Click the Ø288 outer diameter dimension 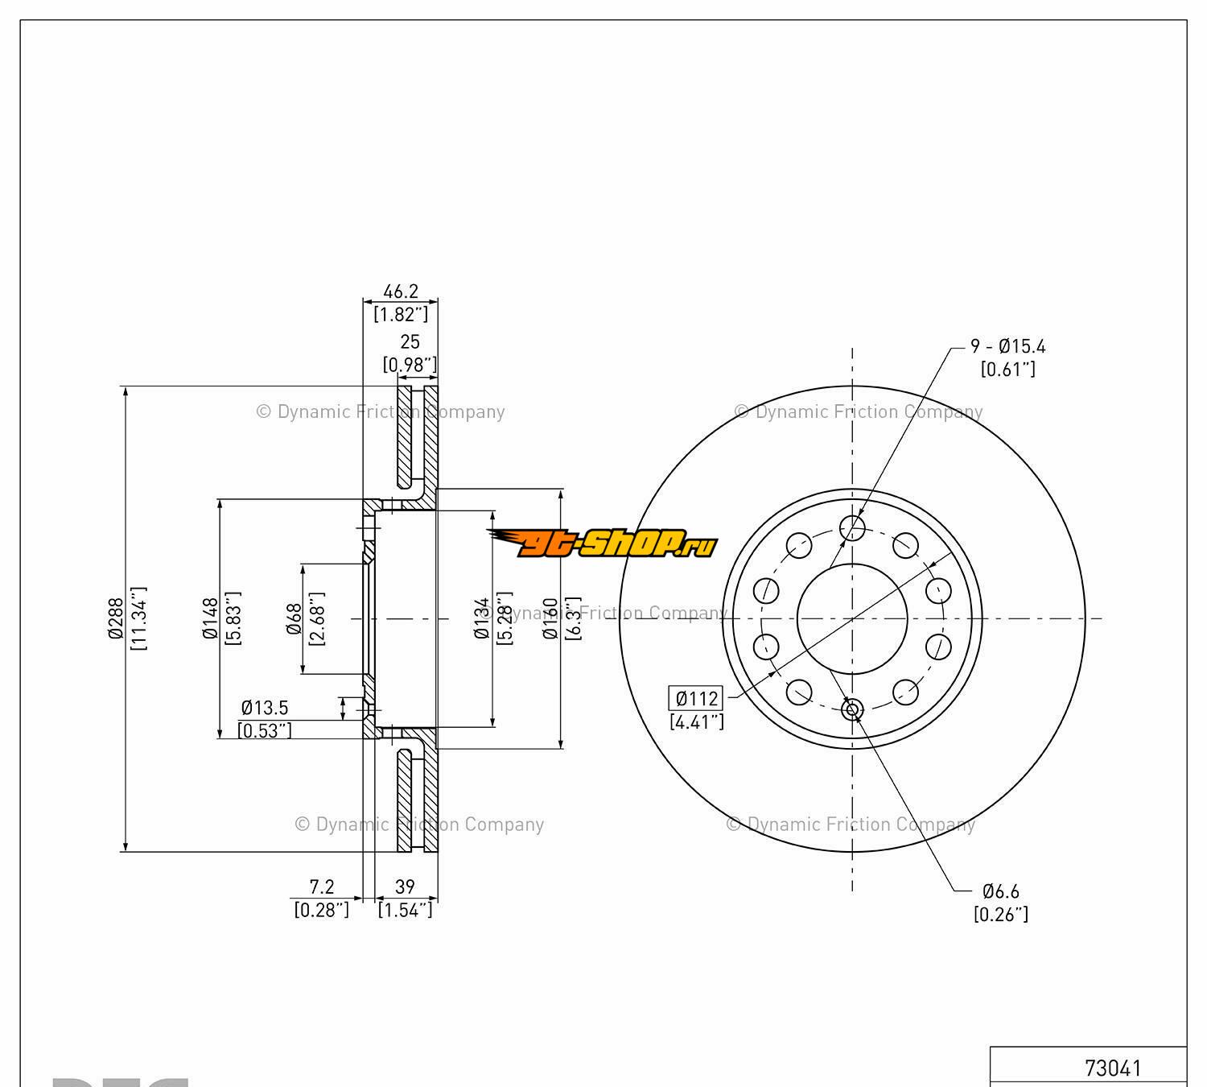[116, 618]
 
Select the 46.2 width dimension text [400, 291]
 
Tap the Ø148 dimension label [211, 618]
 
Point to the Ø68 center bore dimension [295, 618]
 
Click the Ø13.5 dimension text [265, 708]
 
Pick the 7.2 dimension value [322, 887]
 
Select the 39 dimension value [405, 887]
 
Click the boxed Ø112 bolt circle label [696, 698]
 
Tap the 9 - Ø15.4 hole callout [1008, 346]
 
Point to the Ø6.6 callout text [1001, 891]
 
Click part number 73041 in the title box [1113, 1068]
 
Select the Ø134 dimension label [482, 618]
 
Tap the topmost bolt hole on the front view [852, 528]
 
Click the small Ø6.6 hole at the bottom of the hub [852, 709]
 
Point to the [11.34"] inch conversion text [138, 618]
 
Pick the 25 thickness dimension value [410, 342]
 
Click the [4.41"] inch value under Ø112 [697, 721]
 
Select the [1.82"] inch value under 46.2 [400, 313]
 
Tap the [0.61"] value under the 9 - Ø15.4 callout [1007, 369]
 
